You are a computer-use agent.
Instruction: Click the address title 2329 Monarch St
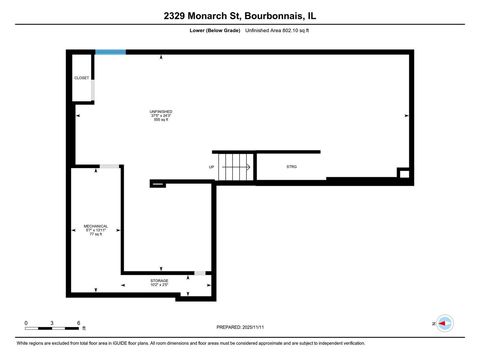240,16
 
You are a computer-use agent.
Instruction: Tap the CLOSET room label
81,78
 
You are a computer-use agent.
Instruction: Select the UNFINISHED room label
161,112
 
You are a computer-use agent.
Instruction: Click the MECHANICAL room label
96,226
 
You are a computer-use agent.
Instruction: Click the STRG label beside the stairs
292,166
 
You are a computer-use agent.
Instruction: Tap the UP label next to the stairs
212,167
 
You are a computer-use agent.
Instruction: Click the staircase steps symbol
237,167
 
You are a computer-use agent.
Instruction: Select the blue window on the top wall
111,52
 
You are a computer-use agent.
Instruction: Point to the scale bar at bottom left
52,329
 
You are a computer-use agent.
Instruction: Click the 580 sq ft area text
161,120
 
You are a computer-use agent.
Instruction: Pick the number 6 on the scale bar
79,323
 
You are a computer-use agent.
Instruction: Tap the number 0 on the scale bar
26,323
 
